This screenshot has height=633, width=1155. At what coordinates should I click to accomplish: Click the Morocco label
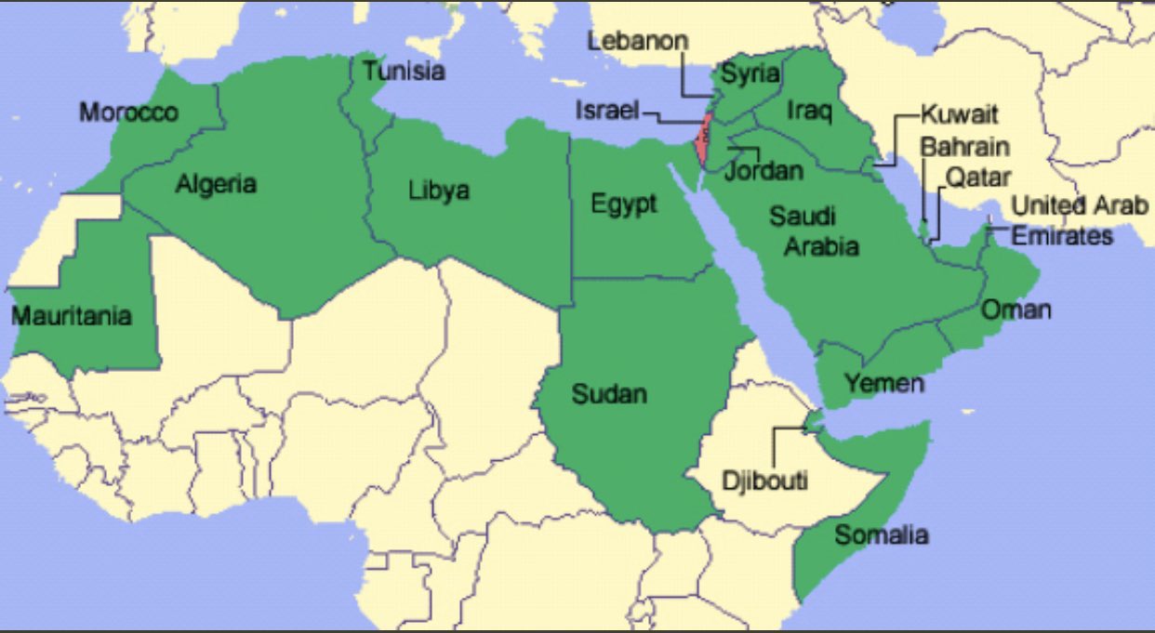tap(128, 112)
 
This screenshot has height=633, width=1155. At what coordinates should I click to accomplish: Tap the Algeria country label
tap(216, 184)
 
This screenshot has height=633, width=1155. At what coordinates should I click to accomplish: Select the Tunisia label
tap(404, 71)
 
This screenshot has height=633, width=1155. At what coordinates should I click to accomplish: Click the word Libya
tap(439, 191)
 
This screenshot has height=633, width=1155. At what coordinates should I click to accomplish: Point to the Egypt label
tap(624, 204)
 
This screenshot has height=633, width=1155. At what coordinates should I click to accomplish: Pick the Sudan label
tap(609, 394)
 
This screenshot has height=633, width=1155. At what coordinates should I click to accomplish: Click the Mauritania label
tap(71, 316)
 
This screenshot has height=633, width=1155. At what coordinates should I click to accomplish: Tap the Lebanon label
tap(638, 41)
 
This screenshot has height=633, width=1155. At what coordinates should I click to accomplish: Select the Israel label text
tap(606, 110)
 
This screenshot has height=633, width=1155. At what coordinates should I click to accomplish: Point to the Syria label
tap(750, 74)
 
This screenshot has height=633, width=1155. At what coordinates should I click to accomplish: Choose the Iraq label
tap(809, 111)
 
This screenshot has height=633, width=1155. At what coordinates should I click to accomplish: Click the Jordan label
tap(763, 171)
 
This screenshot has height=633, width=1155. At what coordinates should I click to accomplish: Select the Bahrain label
tap(964, 147)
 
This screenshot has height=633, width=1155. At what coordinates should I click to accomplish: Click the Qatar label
tap(977, 177)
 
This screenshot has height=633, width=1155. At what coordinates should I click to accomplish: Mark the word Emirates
tap(1062, 236)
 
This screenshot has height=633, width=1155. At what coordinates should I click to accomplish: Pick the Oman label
tap(1016, 310)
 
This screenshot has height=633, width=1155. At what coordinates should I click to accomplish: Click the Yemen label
tap(884, 383)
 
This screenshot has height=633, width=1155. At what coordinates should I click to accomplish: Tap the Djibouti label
tap(764, 481)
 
